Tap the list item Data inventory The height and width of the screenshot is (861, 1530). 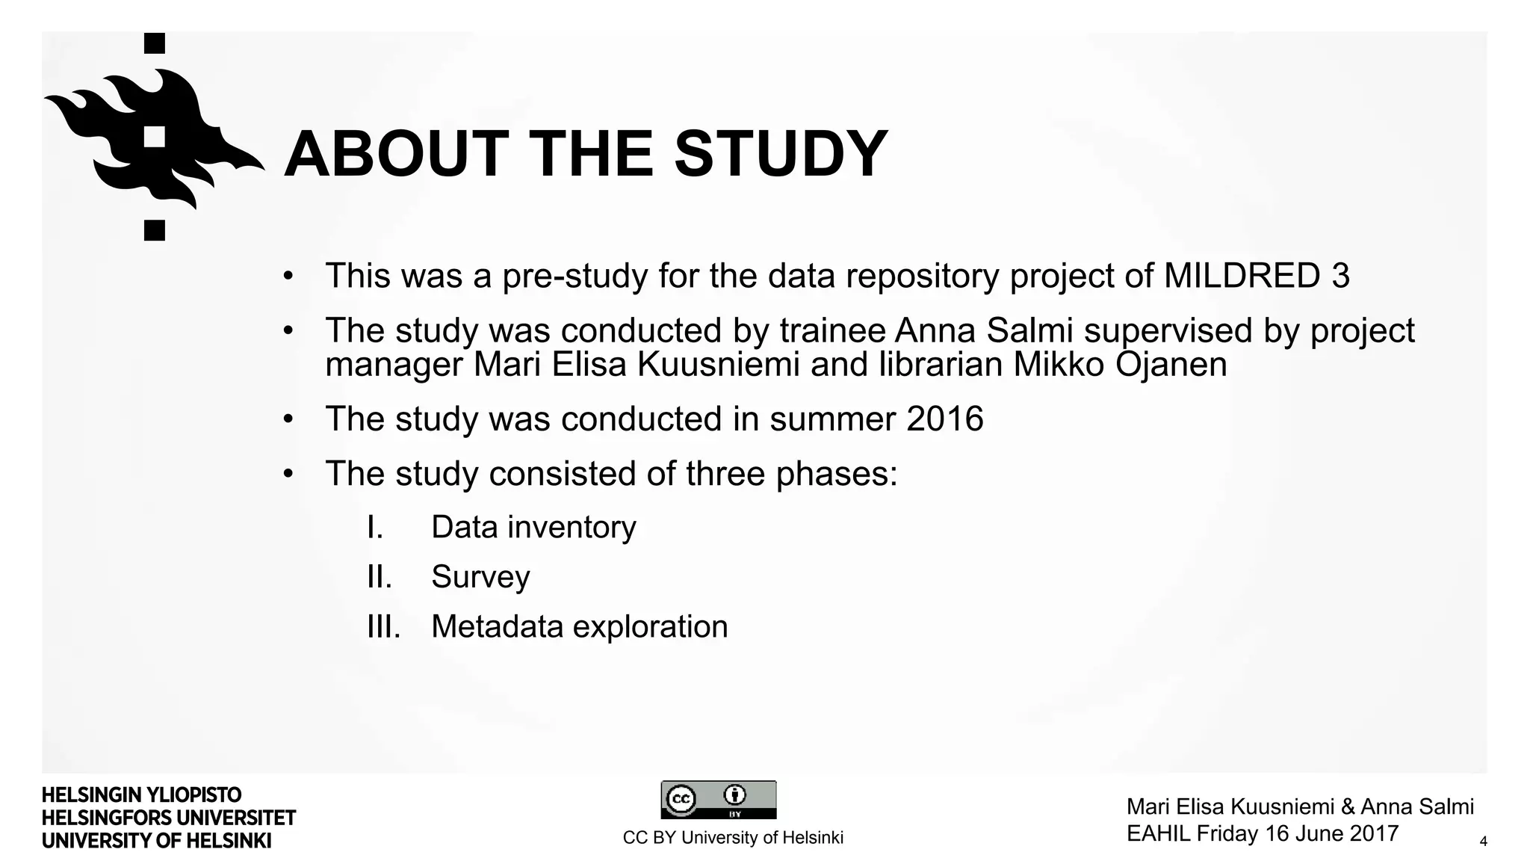click(533, 527)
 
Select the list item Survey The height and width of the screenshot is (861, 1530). click(480, 576)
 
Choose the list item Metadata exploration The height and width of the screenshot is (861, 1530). click(579, 626)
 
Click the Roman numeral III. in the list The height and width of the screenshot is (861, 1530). click(383, 626)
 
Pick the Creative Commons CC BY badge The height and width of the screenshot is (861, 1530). click(718, 800)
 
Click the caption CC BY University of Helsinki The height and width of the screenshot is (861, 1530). click(733, 838)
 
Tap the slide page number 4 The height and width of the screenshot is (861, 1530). click(1483, 842)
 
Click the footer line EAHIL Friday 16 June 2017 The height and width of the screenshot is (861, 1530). click(1262, 833)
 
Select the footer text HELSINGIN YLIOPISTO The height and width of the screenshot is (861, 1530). click(141, 794)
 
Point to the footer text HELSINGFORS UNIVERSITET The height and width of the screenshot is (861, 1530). click(169, 818)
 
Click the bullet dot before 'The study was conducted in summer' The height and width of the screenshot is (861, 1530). click(288, 419)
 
